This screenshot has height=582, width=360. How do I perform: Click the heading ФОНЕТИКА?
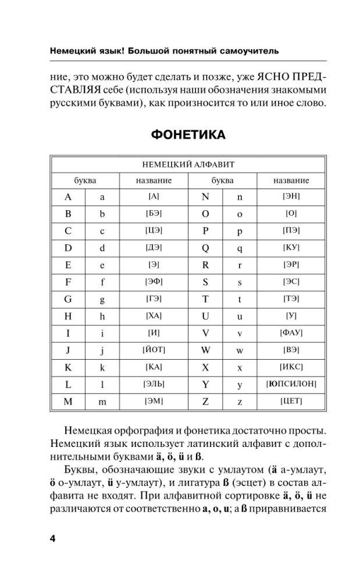188,135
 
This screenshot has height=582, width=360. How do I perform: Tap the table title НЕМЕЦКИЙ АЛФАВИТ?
188,165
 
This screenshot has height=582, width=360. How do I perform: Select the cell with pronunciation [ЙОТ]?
154,350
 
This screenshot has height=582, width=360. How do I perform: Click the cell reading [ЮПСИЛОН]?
291,384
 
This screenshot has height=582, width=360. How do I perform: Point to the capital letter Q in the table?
205,247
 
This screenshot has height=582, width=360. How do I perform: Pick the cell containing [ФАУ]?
291,333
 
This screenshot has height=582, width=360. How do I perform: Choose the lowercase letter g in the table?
102,299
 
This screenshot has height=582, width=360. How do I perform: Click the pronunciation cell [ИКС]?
291,367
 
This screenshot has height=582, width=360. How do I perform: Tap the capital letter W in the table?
205,350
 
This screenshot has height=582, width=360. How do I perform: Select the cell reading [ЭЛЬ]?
154,384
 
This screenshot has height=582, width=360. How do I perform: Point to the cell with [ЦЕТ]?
291,402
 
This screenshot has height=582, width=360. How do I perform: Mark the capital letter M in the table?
68,402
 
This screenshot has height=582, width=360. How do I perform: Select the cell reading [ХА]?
154,315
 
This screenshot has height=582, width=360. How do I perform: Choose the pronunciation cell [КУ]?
291,247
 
